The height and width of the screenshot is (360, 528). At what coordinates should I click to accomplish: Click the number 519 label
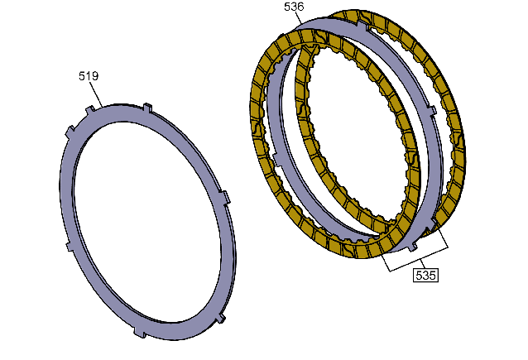coord(89,76)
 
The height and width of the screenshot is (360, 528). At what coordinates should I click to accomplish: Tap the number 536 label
coord(294,7)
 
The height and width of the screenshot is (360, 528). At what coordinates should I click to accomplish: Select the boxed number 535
coord(425,275)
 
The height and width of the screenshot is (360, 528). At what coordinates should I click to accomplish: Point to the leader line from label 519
coord(96,94)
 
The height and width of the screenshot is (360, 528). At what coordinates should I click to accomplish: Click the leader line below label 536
coord(298,18)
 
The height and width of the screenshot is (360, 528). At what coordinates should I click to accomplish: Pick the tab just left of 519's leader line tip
coord(89,110)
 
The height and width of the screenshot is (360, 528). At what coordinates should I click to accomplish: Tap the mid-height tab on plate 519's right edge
coord(225,197)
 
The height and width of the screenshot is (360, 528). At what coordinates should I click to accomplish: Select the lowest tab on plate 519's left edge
coord(69,246)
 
